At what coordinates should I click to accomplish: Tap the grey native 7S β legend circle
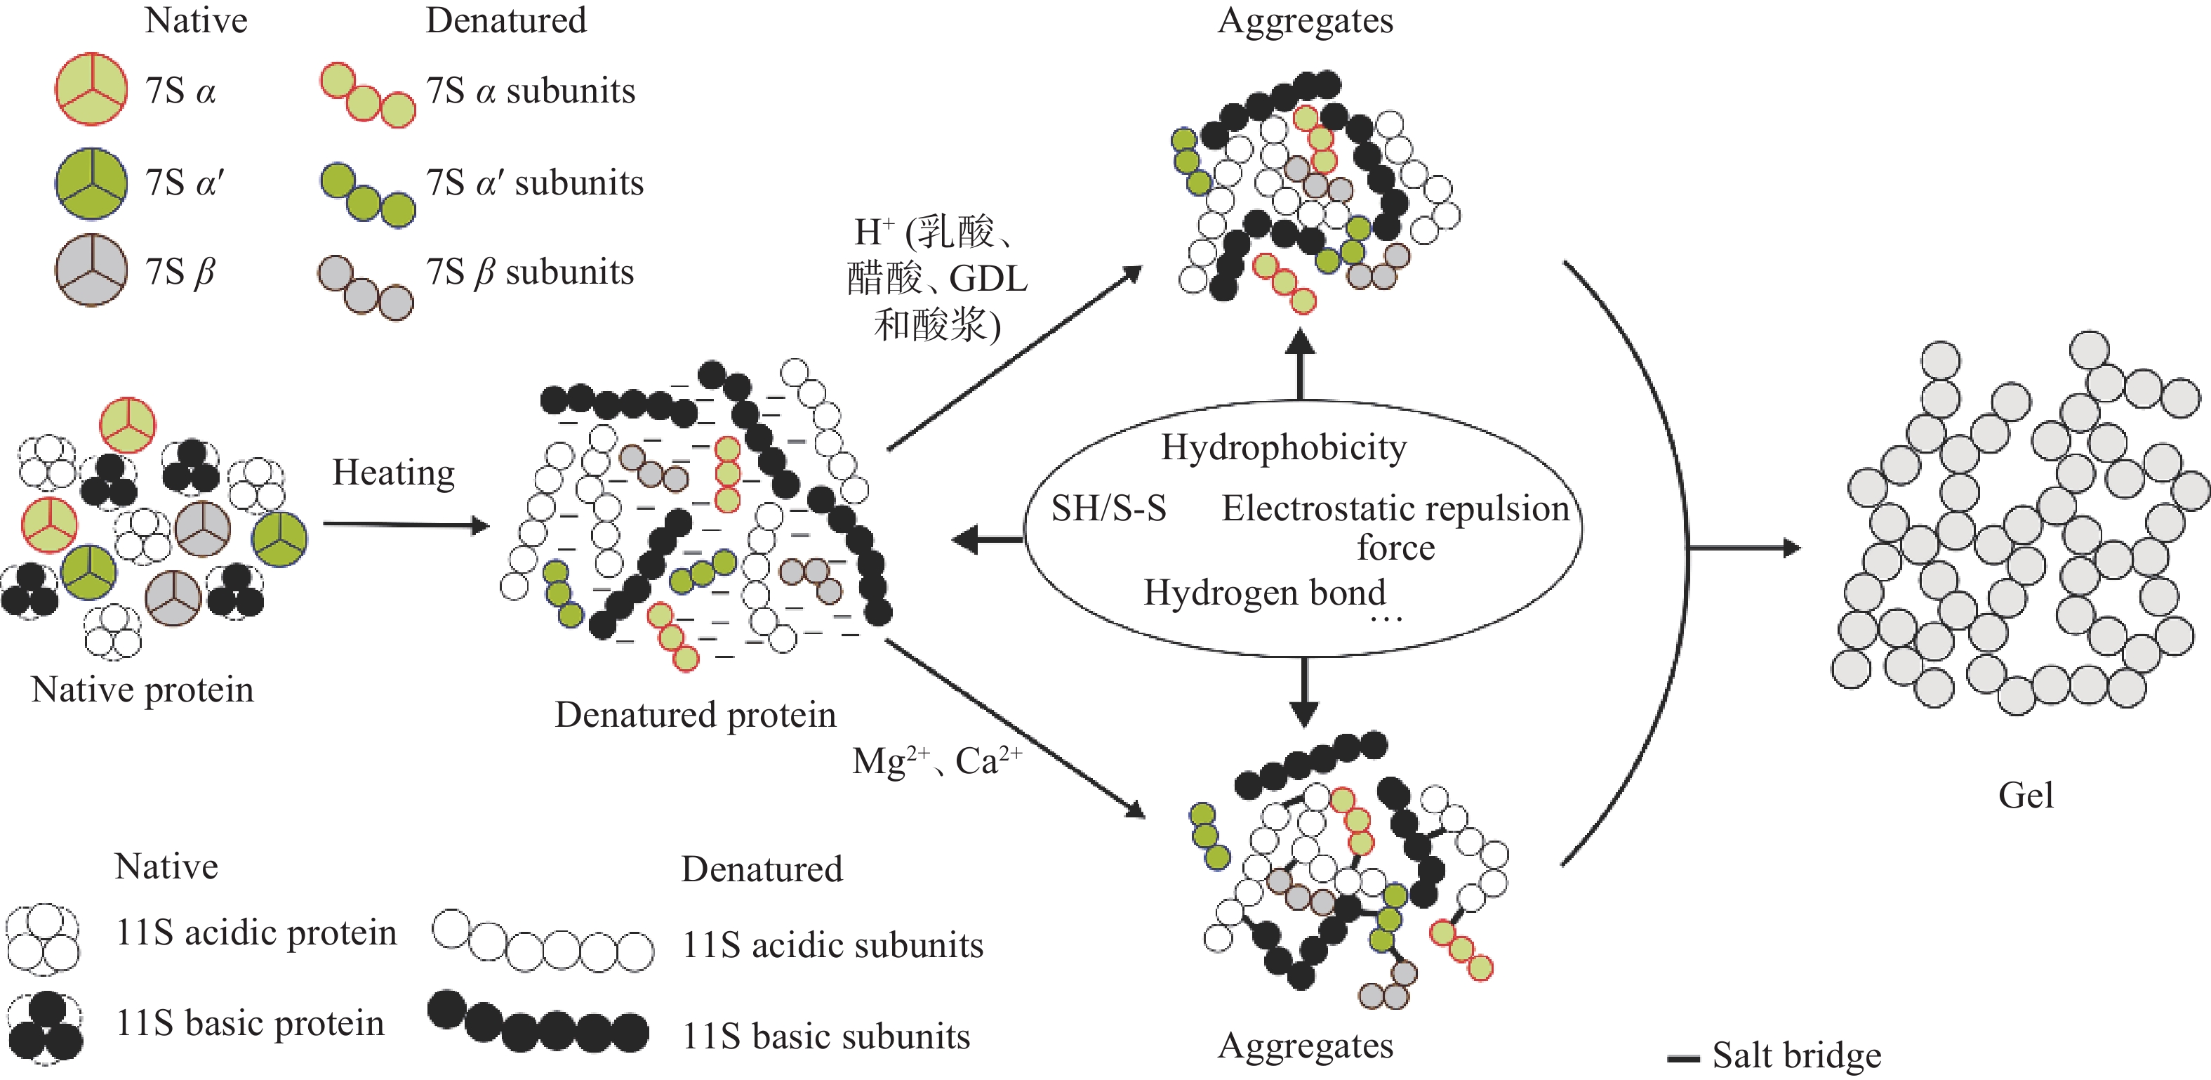click(91, 270)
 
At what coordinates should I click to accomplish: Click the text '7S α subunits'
click(531, 91)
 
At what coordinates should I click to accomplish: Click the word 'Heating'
click(393, 473)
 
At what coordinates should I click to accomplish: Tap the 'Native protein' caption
click(142, 690)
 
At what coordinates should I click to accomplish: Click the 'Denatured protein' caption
click(695, 714)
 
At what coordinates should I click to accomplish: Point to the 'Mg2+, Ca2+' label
click(936, 760)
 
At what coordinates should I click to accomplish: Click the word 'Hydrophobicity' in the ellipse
click(1283, 447)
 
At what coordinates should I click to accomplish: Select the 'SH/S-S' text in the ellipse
click(1108, 508)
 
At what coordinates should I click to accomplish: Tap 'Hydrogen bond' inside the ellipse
click(1264, 593)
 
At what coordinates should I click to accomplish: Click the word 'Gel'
click(2026, 795)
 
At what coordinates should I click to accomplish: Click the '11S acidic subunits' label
click(832, 945)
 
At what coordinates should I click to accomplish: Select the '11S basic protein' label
click(250, 1023)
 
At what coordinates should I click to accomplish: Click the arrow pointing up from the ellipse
click(1301, 365)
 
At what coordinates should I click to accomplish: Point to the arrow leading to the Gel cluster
click(1742, 548)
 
